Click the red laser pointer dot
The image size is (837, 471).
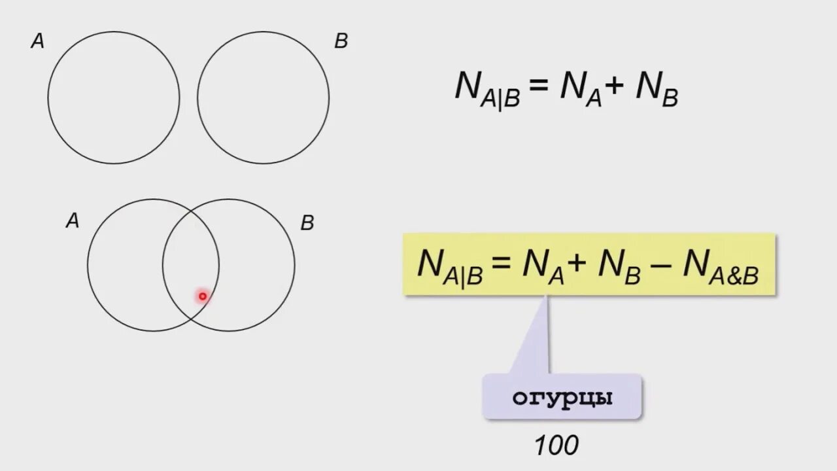[x=203, y=296]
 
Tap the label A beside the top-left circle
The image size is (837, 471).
[x=38, y=42]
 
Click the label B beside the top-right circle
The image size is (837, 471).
[x=341, y=42]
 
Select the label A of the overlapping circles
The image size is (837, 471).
[x=73, y=221]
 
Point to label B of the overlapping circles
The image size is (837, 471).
[x=307, y=223]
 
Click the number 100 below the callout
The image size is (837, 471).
[x=556, y=446]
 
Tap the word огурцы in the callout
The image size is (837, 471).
[x=562, y=398]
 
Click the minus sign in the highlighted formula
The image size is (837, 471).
[x=662, y=264]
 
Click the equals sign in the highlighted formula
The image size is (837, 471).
[x=502, y=265]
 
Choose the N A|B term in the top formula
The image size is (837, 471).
[x=487, y=90]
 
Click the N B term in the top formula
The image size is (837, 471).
[x=657, y=90]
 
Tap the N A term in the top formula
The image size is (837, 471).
[x=579, y=90]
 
